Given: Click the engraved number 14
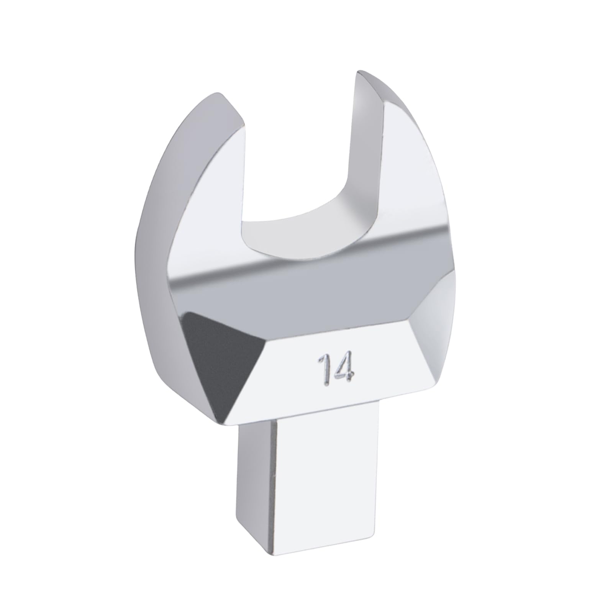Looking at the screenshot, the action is tap(334, 369).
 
